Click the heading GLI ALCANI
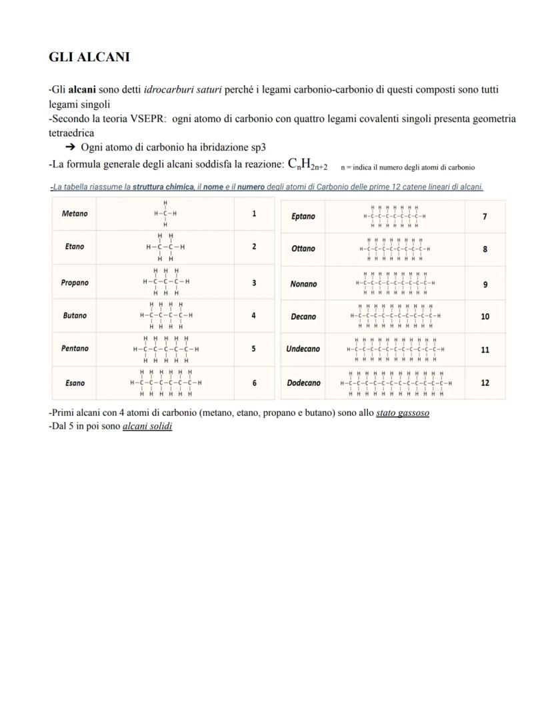pos(89,57)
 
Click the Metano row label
pos(75,214)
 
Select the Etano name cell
pos(75,247)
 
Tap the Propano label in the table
pos(75,283)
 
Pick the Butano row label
pos(75,315)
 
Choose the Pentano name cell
pos(75,349)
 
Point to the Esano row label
pos(75,383)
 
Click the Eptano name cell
pos(303,217)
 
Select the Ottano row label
pos(303,249)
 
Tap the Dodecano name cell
pos(303,383)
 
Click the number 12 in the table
pos(485,383)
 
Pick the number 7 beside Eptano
pos(485,217)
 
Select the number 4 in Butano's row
pos(254,315)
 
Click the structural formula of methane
pos(165,214)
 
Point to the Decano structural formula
pos(395,317)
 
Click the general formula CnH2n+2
pos(307,164)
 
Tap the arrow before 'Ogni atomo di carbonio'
pos(69,147)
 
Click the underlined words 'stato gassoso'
pos(403,413)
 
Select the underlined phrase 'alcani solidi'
pos(147,426)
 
